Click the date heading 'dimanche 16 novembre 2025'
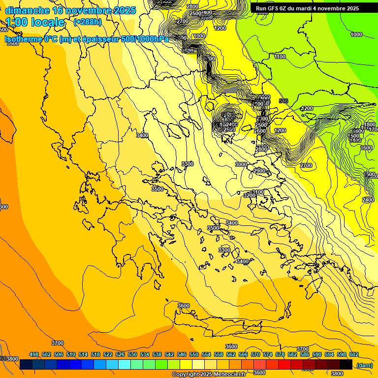(x=70, y=10)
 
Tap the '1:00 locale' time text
(x=35, y=22)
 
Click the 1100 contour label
(x=280, y=57)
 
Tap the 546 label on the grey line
(x=283, y=101)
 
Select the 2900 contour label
(x=259, y=171)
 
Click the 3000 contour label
(x=241, y=164)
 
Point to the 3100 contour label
(x=258, y=192)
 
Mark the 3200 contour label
(x=250, y=195)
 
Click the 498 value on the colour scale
(x=34, y=354)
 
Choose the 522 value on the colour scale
(x=108, y=354)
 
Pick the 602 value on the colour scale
(x=354, y=354)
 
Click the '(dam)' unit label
(x=364, y=365)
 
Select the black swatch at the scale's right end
(x=346, y=364)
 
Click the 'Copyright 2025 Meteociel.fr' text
(x=209, y=375)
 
